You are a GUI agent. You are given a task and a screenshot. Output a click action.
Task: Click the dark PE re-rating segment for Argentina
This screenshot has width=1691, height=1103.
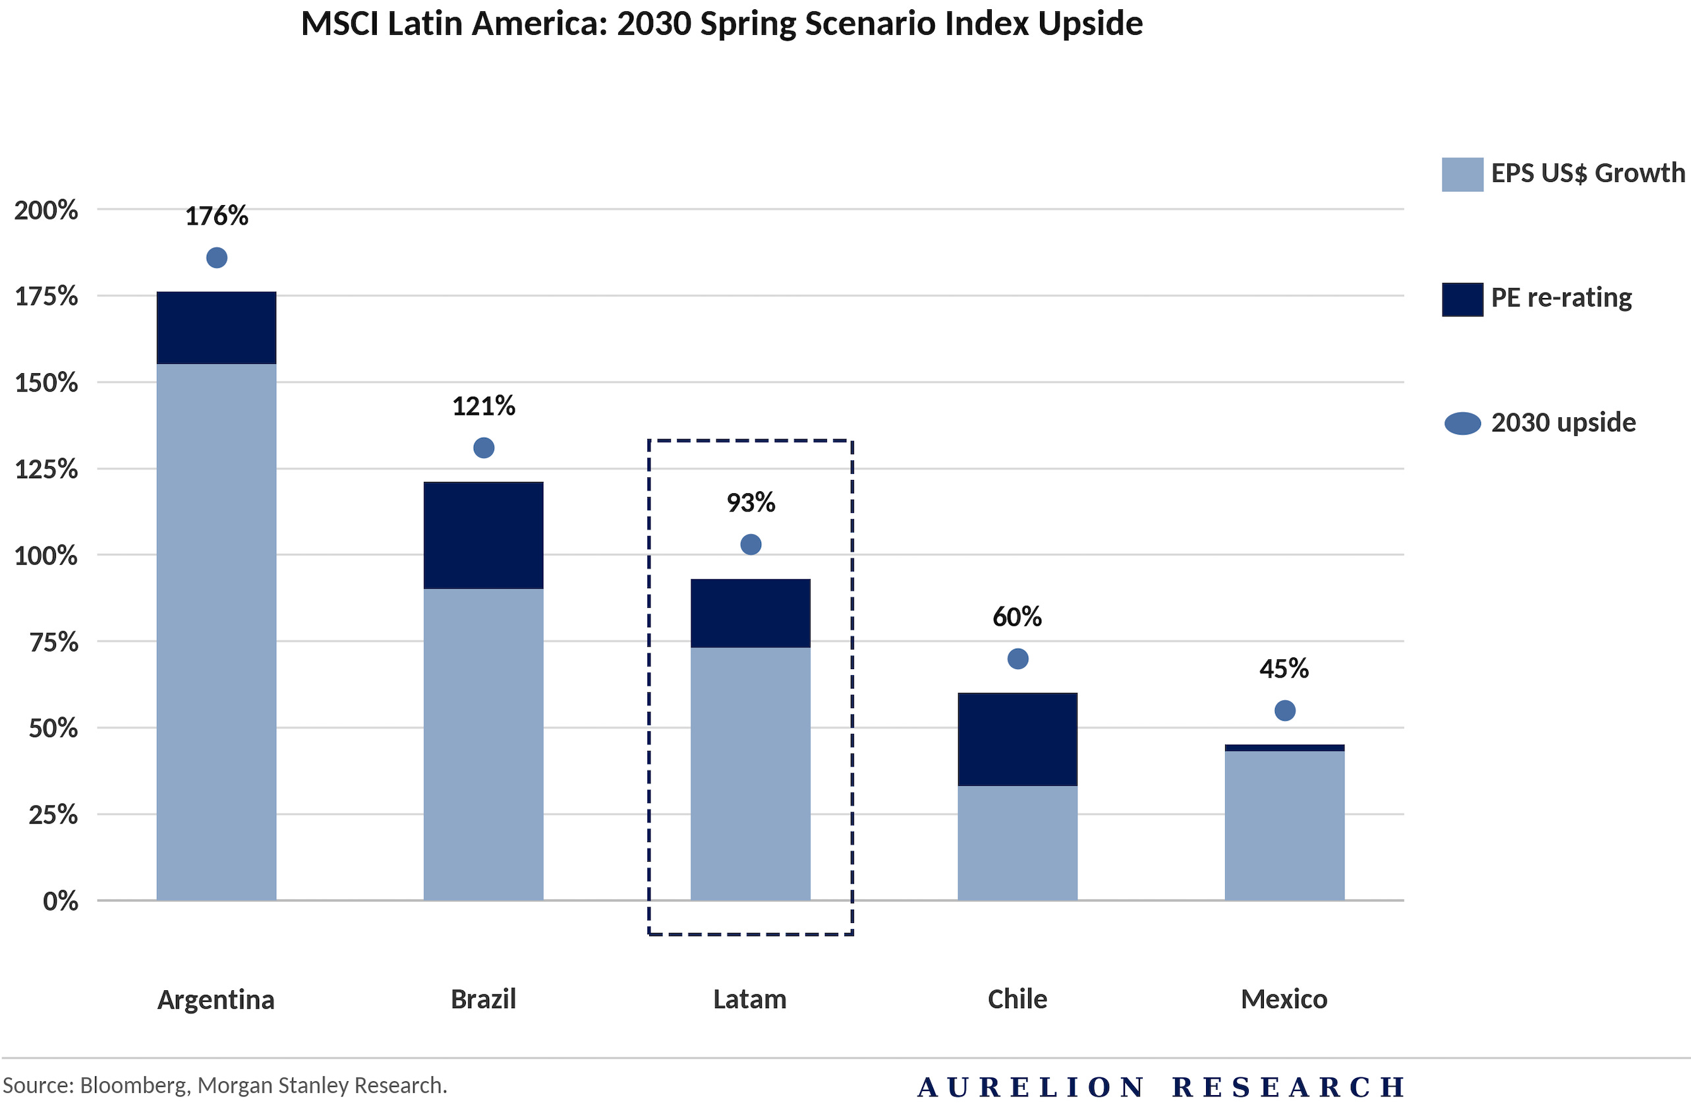(x=216, y=328)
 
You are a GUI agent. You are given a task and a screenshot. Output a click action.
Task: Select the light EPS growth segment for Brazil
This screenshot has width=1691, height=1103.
(x=483, y=744)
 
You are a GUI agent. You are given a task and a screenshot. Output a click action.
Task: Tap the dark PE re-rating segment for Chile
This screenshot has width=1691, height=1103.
(x=1017, y=739)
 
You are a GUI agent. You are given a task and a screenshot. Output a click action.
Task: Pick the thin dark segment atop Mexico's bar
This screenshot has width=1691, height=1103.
(x=1284, y=748)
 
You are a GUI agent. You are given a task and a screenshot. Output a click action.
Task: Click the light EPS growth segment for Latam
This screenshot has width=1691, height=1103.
(x=751, y=773)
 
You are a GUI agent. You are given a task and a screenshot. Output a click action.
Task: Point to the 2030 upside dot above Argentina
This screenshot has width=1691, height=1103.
(x=217, y=257)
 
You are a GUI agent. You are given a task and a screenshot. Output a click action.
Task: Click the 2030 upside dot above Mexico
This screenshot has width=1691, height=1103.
(x=1284, y=710)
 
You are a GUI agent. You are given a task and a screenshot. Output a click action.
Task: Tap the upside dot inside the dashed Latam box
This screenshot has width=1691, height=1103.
(x=751, y=545)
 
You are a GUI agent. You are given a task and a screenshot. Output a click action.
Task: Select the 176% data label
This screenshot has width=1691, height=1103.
(x=217, y=216)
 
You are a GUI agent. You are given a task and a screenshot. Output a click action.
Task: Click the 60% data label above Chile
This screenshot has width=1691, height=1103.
(x=1017, y=617)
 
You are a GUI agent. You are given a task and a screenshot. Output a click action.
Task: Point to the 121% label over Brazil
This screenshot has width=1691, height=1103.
(x=483, y=407)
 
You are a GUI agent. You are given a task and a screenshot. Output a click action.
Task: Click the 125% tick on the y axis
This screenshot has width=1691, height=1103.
(x=46, y=469)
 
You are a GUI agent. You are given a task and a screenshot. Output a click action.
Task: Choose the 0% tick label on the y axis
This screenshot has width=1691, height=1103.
(x=61, y=901)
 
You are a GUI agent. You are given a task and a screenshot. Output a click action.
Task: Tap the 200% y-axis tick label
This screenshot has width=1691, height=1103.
(x=46, y=210)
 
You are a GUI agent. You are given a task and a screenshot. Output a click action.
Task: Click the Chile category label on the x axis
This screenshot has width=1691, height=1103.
(x=1017, y=999)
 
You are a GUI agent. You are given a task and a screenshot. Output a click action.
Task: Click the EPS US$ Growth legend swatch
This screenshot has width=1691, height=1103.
(x=1462, y=174)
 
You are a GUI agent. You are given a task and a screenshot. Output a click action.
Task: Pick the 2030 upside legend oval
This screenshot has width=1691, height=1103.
(x=1462, y=423)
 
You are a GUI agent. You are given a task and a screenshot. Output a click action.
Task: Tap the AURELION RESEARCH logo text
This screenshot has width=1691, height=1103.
(x=1161, y=1087)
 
